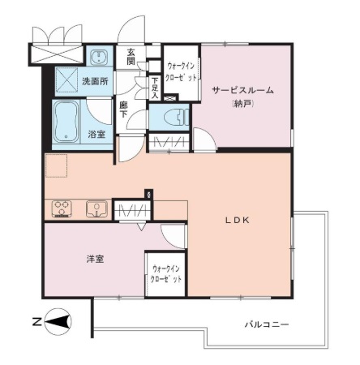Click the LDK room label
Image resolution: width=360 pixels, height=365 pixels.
coord(238,221)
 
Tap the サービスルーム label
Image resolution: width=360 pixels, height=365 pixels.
coord(242,90)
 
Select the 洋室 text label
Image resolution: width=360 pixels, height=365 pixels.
coord(95,260)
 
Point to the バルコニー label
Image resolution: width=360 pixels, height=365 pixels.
coord(267,324)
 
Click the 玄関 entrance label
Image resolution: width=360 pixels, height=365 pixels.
coord(131,57)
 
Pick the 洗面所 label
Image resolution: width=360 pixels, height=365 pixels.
coord(95,81)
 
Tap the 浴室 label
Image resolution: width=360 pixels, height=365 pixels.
coord(96,134)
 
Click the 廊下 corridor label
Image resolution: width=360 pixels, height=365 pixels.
coord(124,109)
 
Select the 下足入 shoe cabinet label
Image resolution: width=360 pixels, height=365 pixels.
coord(155,88)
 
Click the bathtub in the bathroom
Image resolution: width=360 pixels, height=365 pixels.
coord(66,122)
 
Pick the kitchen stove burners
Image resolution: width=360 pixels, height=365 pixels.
coord(62,209)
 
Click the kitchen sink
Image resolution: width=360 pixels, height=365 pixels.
coord(96,208)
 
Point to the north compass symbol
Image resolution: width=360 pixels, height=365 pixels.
coord(58,322)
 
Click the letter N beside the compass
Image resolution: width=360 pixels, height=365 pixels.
coord(36,322)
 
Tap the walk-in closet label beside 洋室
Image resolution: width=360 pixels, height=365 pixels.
coord(166,274)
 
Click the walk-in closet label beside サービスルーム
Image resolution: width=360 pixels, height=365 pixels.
coord(182,72)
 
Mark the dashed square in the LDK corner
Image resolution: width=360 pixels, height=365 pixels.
coord(56,165)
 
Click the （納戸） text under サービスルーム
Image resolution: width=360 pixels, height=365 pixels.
coord(242,104)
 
